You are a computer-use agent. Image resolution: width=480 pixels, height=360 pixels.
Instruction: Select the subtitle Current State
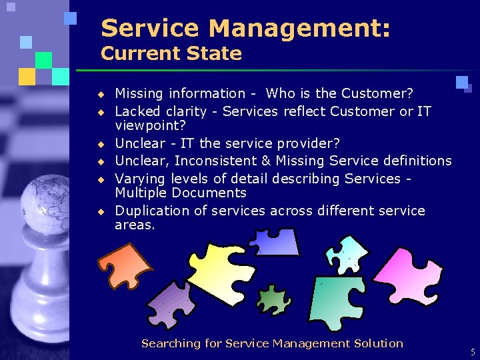point(171,53)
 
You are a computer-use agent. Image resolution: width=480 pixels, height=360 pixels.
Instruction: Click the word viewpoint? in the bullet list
point(150,125)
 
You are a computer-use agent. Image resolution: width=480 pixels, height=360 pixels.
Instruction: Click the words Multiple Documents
point(181,193)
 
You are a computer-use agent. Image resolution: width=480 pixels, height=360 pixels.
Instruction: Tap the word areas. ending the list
point(135,225)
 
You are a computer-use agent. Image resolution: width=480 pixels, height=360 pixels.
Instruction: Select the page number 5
point(472,353)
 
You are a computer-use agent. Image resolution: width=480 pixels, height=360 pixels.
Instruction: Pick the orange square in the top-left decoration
point(27,76)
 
